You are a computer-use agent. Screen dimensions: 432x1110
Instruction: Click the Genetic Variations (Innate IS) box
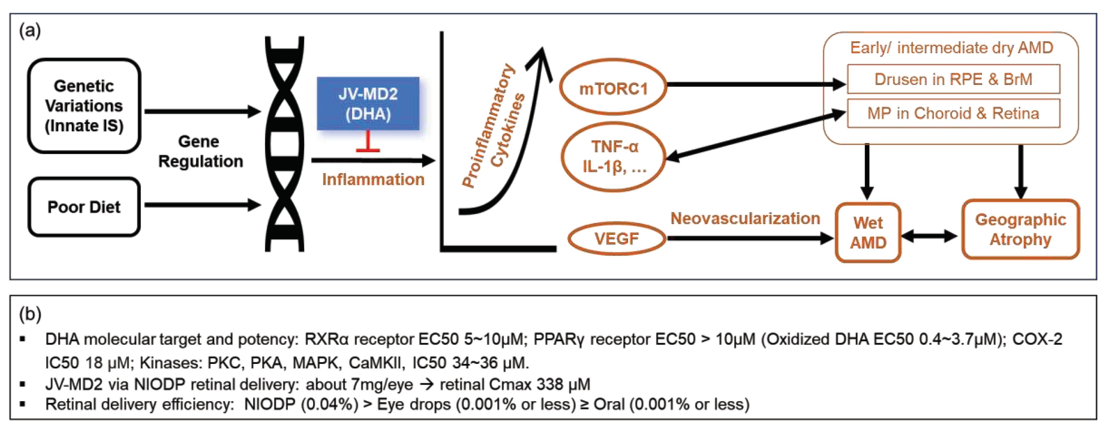pos(84,106)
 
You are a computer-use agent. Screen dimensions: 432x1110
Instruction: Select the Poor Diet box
pos(84,207)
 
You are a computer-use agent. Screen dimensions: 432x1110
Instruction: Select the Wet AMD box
pos(868,233)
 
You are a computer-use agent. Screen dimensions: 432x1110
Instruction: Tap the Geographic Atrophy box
pos(1020,229)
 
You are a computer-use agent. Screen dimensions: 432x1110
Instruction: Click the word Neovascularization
pos(745,219)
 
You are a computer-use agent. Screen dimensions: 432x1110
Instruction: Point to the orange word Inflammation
pos(373,179)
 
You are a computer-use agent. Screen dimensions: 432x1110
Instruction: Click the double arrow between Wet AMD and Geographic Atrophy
pos(929,236)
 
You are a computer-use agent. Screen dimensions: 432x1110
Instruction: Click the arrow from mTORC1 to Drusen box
pos(754,84)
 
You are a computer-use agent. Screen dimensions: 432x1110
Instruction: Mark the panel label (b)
pos(30,314)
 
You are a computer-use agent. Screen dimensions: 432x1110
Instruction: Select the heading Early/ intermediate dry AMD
pos(952,48)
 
